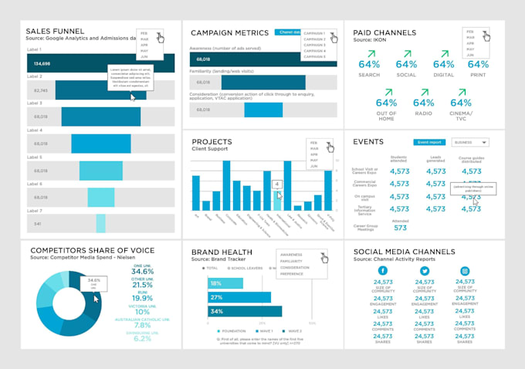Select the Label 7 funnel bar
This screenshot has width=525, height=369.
(x=100, y=223)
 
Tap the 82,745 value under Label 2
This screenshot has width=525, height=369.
(x=41, y=90)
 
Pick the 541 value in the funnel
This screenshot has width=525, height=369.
(x=37, y=224)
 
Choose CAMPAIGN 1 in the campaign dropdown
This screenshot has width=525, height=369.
(x=314, y=34)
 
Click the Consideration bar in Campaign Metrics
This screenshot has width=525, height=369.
(x=263, y=110)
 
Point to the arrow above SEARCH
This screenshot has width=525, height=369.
(x=369, y=53)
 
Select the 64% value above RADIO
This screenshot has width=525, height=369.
(x=422, y=103)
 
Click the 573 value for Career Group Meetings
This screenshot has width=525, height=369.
(x=399, y=228)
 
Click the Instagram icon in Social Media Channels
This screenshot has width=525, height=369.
(x=466, y=272)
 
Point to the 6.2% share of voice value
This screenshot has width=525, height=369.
(x=142, y=338)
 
